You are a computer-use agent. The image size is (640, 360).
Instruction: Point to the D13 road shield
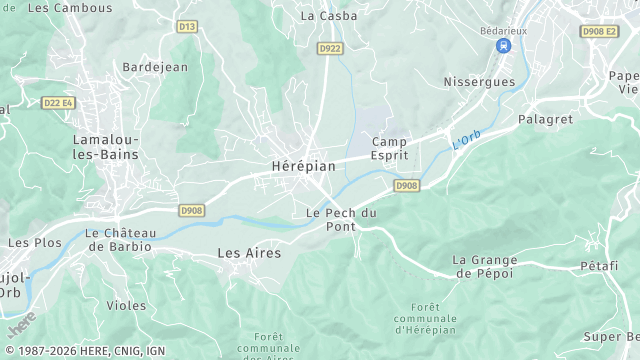pyautogui.click(x=187, y=27)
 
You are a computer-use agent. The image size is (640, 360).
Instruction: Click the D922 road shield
pyautogui.click(x=329, y=48)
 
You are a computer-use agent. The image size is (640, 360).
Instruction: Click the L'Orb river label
pyautogui.click(x=467, y=142)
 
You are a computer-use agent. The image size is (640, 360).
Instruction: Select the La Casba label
pyautogui.click(x=322, y=16)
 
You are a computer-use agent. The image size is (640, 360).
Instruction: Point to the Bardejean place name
pyautogui.click(x=155, y=67)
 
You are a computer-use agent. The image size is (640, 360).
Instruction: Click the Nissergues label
pyautogui.click(x=478, y=81)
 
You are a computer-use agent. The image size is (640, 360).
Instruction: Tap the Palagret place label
pyautogui.click(x=544, y=119)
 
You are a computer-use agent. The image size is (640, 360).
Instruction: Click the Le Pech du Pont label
pyautogui.click(x=341, y=219)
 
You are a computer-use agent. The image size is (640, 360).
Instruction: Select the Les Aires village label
pyautogui.click(x=249, y=253)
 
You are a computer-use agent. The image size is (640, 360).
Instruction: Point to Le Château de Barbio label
pyautogui.click(x=119, y=239)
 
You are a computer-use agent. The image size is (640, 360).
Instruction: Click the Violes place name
pyautogui.click(x=126, y=306)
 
